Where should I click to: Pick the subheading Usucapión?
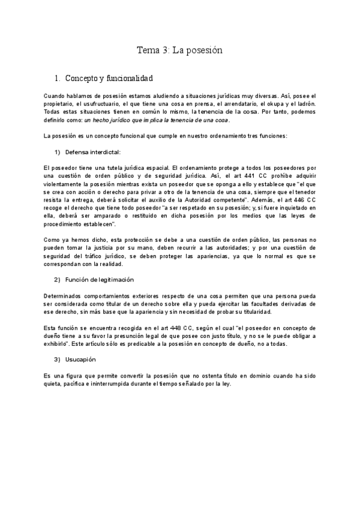81,360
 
